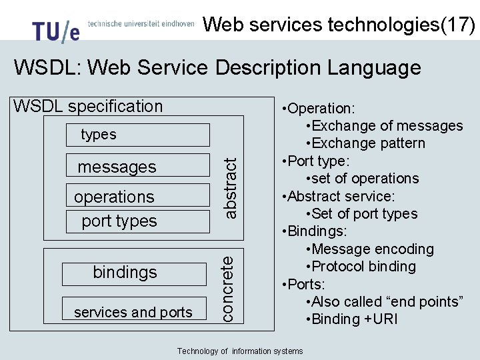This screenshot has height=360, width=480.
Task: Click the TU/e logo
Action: (x=56, y=31)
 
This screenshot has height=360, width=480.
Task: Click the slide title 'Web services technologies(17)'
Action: (x=339, y=25)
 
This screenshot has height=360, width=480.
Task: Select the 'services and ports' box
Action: (x=133, y=312)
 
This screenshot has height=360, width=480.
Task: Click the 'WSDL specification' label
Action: (x=88, y=106)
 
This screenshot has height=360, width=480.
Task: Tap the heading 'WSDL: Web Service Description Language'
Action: (x=217, y=67)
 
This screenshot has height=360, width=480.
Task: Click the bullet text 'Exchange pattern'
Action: (x=368, y=143)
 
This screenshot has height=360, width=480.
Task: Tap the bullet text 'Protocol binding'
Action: (x=363, y=266)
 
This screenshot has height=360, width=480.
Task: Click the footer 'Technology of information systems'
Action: (x=240, y=351)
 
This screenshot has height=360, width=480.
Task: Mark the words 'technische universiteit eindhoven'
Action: (x=141, y=23)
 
